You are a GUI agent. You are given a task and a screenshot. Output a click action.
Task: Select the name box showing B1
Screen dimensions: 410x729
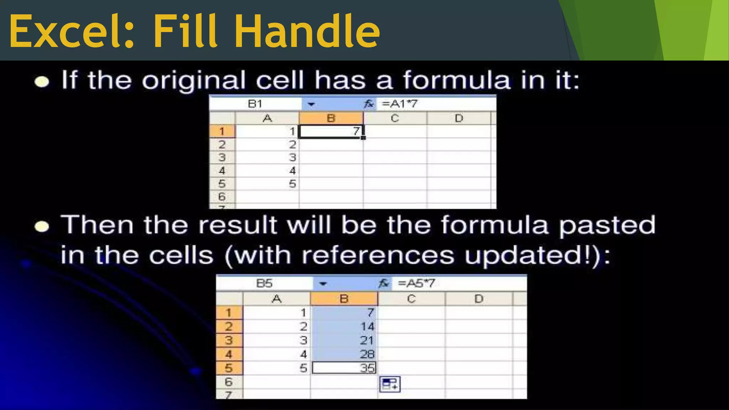pos(255,104)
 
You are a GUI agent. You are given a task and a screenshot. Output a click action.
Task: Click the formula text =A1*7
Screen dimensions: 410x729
pos(399,104)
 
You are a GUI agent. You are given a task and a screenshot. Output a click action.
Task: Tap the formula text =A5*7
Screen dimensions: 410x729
pos(416,284)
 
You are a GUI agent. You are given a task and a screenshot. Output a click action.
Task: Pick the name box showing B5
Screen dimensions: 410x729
pos(264,284)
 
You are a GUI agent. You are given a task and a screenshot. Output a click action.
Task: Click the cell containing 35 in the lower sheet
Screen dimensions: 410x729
pos(344,368)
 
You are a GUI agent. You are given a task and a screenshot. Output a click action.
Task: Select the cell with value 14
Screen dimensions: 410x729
pos(344,326)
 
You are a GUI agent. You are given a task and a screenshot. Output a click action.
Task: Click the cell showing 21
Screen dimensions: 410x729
pos(344,340)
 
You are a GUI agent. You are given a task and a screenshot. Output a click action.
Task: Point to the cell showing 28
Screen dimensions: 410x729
pos(344,354)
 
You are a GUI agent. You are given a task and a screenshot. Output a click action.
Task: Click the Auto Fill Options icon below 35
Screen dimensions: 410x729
pos(390,384)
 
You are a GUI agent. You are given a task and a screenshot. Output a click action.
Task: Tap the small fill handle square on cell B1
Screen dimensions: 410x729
pos(363,138)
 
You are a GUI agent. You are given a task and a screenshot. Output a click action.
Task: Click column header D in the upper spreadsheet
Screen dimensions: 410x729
pos(458,118)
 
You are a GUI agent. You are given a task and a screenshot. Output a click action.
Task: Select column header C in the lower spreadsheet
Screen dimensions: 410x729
pos(411,299)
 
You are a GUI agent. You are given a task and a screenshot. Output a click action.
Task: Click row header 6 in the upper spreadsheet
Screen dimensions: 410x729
pos(222,196)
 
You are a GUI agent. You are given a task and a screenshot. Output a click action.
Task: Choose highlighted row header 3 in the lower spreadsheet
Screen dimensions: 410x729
pos(229,340)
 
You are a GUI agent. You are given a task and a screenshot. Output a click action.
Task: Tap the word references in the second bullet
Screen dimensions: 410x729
pos(378,255)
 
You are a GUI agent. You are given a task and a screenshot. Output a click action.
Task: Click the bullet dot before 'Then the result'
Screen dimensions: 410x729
pos(42,227)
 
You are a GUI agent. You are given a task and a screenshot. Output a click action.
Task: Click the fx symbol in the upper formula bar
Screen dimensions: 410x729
pos(369,104)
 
